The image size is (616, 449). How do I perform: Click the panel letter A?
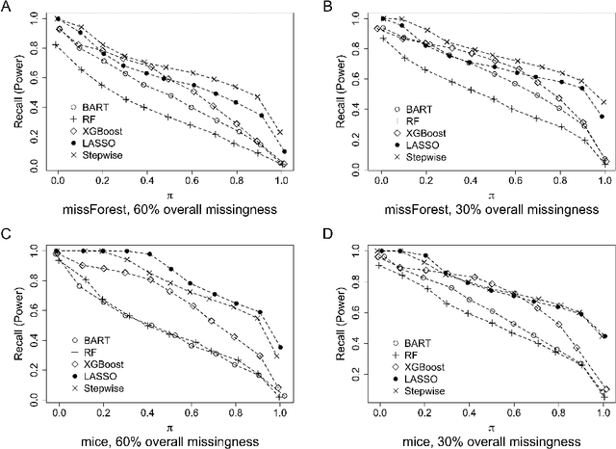(8, 8)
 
